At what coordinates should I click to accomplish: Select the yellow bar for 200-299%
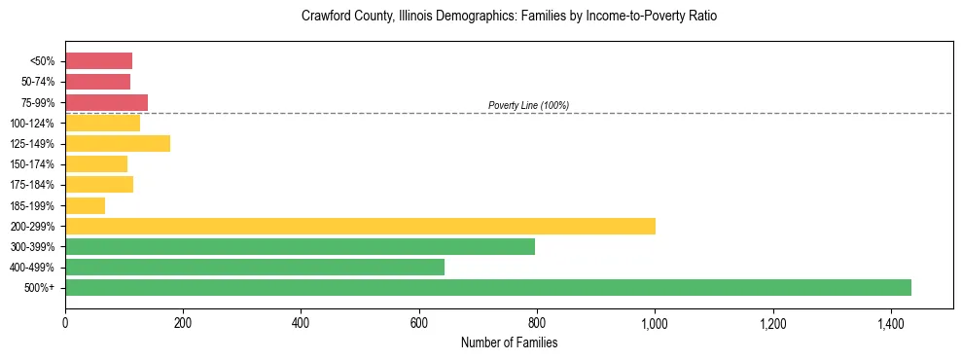pyautogui.click(x=360, y=226)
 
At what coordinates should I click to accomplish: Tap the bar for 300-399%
pyautogui.click(x=300, y=246)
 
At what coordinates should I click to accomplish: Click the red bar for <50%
pyautogui.click(x=98, y=61)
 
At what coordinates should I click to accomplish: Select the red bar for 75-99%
pyautogui.click(x=106, y=102)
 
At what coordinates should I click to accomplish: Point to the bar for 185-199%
pyautogui.click(x=85, y=205)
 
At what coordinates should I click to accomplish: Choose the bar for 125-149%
pyautogui.click(x=118, y=143)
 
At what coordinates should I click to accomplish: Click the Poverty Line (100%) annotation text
pyautogui.click(x=528, y=105)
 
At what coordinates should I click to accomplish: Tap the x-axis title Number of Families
pyautogui.click(x=509, y=342)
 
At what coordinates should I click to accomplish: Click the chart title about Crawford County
pyautogui.click(x=509, y=17)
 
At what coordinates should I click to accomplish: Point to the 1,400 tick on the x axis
pyautogui.click(x=890, y=322)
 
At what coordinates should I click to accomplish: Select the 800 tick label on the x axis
pyautogui.click(x=537, y=322)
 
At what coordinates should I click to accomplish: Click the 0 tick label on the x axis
pyautogui.click(x=65, y=322)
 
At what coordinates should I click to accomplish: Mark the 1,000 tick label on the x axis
pyautogui.click(x=655, y=322)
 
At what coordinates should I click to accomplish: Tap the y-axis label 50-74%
pyautogui.click(x=38, y=82)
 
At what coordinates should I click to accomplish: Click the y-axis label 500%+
pyautogui.click(x=40, y=288)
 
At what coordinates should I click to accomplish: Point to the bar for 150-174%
pyautogui.click(x=96, y=164)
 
